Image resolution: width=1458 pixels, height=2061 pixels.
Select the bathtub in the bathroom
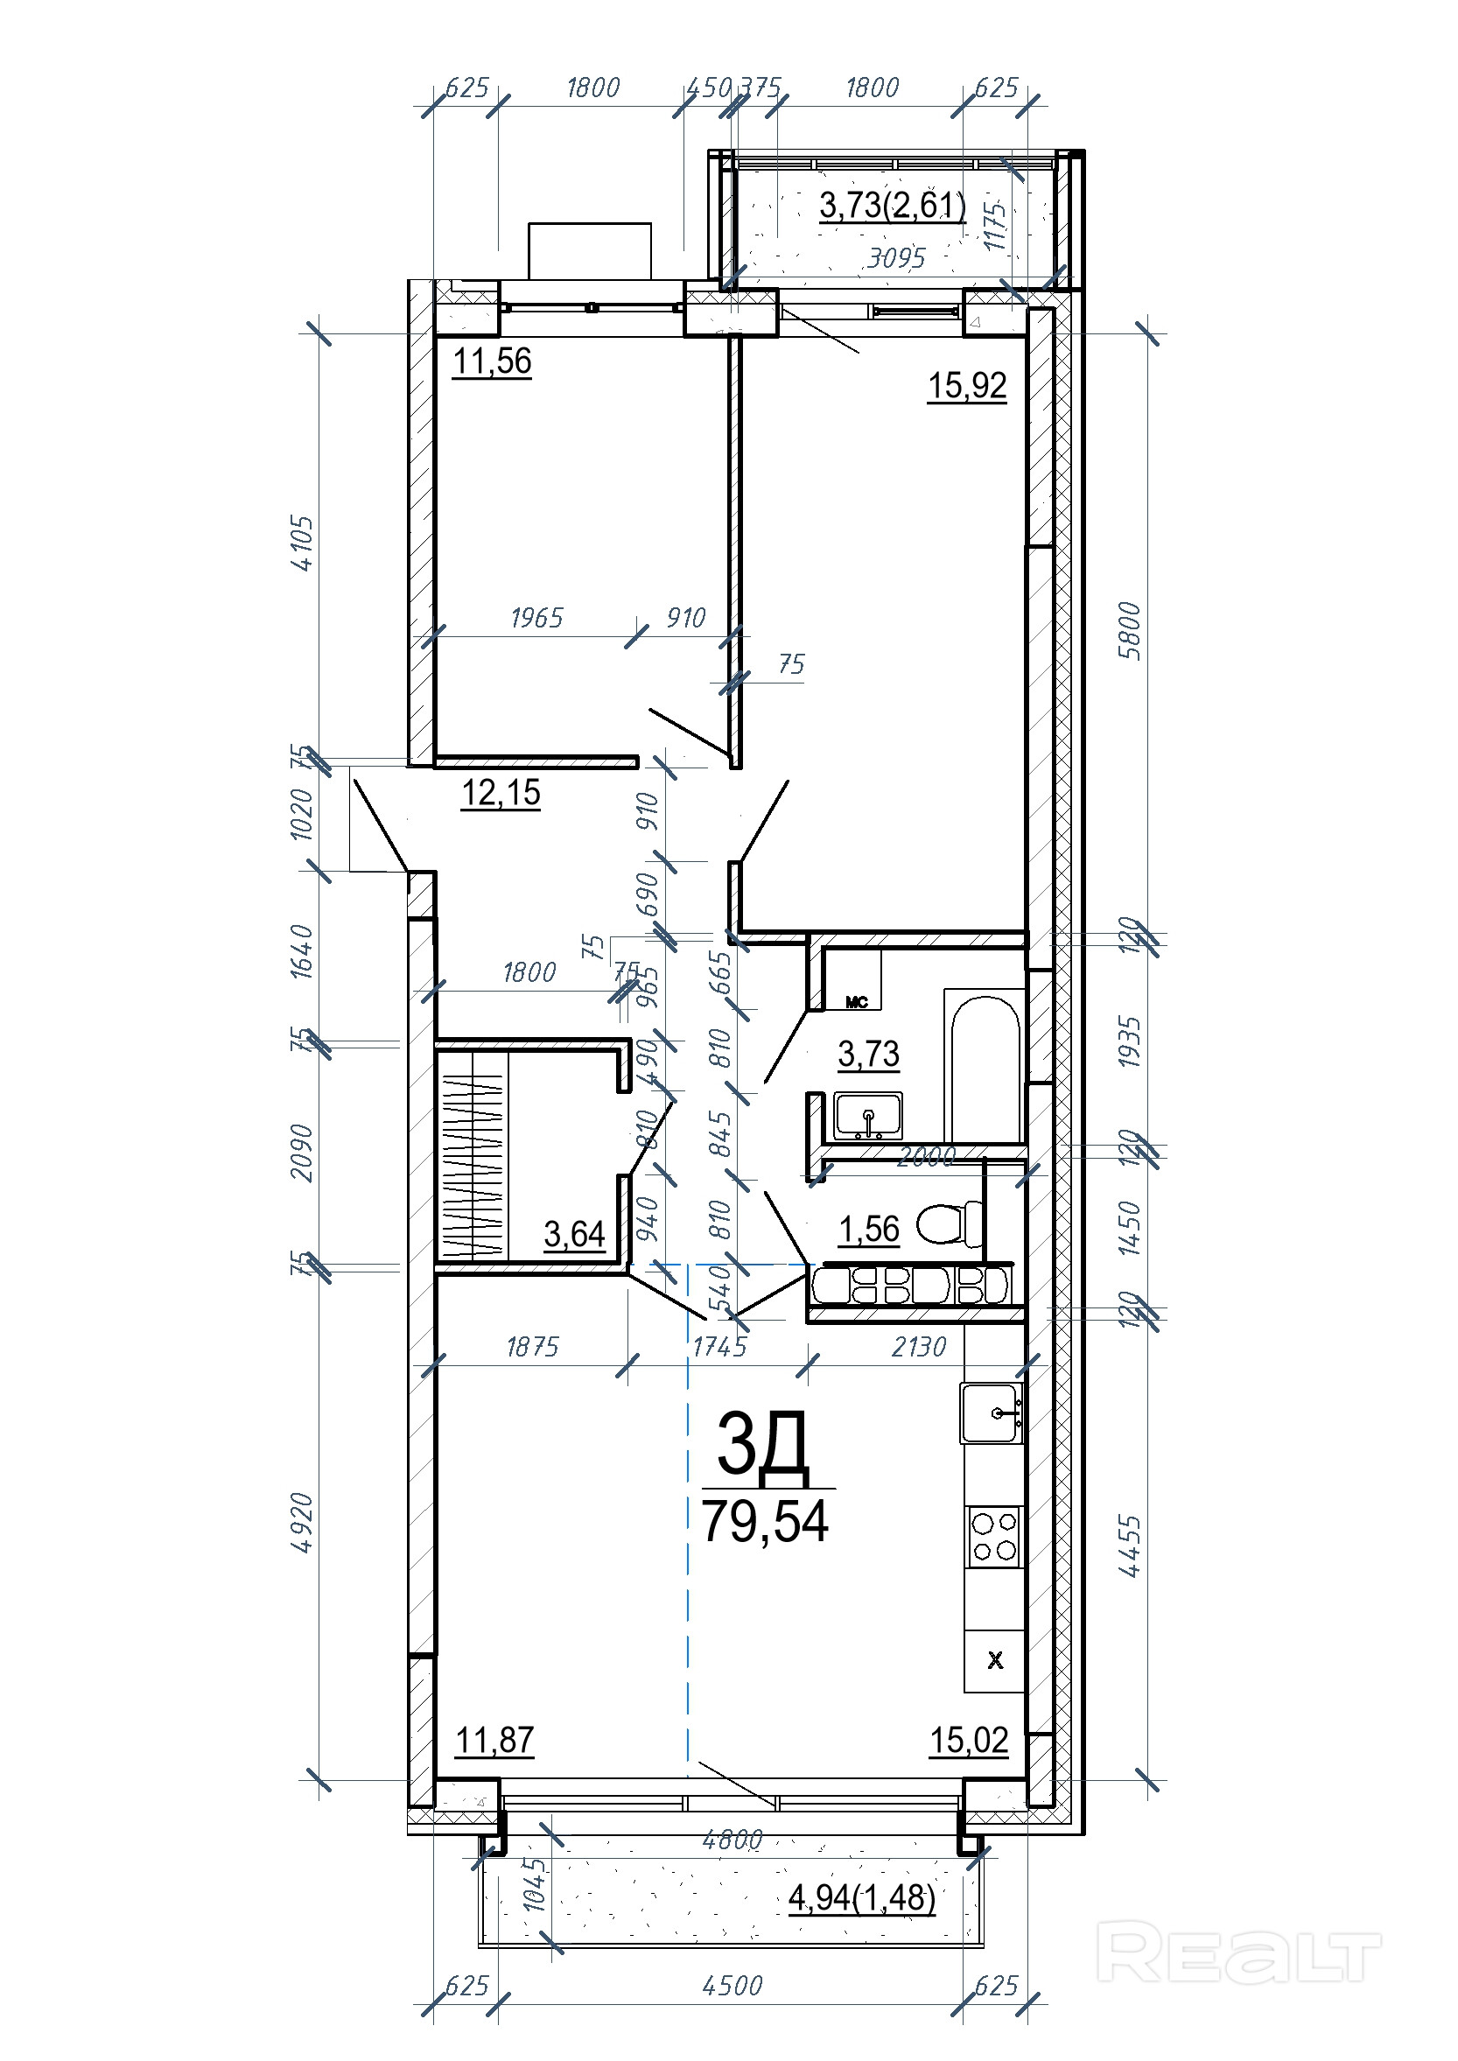985,1066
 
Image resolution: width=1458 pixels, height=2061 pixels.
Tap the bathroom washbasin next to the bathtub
867,1116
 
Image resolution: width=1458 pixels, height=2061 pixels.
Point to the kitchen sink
992,1413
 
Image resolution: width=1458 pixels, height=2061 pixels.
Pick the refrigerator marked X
995,1661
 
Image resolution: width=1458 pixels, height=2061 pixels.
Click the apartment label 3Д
762,1444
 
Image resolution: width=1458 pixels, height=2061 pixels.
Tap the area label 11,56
492,361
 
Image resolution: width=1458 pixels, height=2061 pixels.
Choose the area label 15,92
967,385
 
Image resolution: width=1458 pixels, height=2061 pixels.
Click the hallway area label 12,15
501,793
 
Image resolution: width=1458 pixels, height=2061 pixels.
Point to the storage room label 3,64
575,1234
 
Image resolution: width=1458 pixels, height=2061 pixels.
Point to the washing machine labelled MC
857,1002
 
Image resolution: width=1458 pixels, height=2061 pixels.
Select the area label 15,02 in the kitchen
969,1741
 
